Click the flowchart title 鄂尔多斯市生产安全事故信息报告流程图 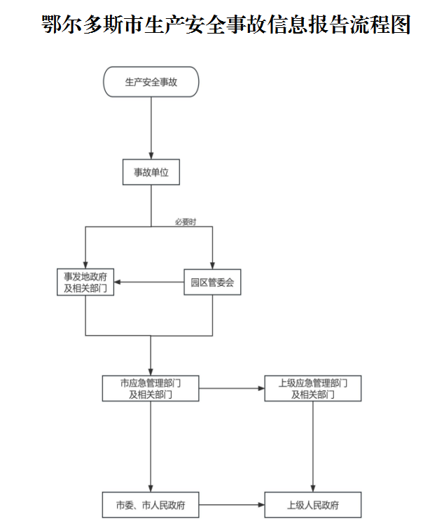[226, 24]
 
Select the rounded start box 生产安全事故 [151, 82]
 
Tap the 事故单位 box [151, 172]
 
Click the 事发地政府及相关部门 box [85, 282]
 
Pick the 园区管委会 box [212, 282]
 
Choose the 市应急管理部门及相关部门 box [151, 388]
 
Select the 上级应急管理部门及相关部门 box [313, 388]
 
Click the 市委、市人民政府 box [151, 505]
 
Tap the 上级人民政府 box [313, 505]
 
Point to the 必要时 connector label [186, 222]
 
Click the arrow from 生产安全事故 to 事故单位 [151, 128]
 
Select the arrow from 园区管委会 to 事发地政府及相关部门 [148, 282]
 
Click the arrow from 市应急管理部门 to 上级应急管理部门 [232, 388]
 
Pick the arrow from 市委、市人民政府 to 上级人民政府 [232, 505]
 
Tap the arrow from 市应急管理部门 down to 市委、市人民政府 [151, 446]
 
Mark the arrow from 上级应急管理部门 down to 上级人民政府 [313, 446]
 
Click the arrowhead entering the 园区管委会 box [212, 266]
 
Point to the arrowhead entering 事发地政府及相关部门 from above [85, 265]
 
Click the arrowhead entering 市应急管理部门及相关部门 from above [151, 372]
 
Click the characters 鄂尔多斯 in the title [82, 24]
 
